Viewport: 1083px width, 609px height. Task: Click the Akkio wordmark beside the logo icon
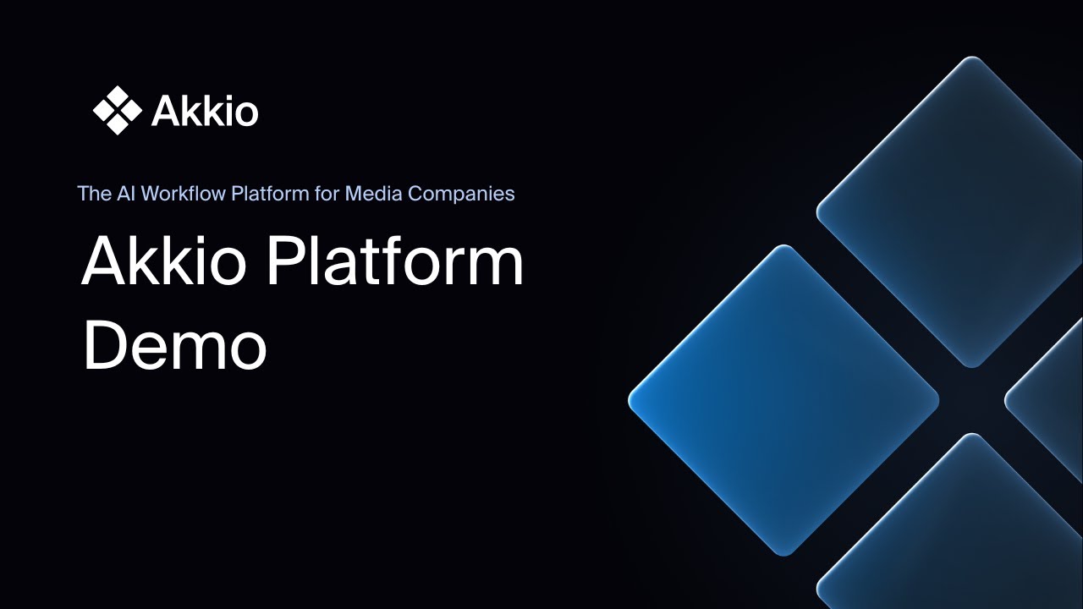click(x=205, y=111)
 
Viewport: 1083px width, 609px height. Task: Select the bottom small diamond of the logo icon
click(x=118, y=125)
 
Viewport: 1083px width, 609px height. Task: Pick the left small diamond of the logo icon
click(x=102, y=110)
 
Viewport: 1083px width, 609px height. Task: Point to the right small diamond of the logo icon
click(x=133, y=110)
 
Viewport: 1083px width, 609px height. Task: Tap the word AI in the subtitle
click(x=126, y=194)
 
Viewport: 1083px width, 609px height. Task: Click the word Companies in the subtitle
click(x=461, y=194)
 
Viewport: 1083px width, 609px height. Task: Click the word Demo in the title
click(x=174, y=346)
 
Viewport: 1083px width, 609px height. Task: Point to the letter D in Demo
click(x=103, y=346)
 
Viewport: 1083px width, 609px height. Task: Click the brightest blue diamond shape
click(x=783, y=399)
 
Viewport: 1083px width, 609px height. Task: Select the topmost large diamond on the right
click(x=971, y=211)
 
